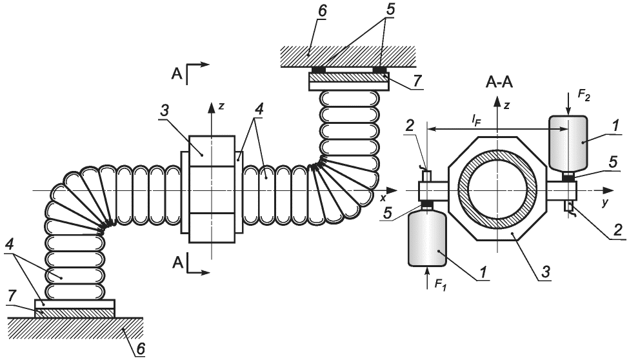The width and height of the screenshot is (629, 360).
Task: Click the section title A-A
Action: [x=499, y=82]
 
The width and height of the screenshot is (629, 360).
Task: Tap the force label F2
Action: [x=584, y=95]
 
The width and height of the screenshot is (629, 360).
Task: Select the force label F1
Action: [x=440, y=284]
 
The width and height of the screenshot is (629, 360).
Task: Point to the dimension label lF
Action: [x=475, y=119]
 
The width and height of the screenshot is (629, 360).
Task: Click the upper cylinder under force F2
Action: [x=568, y=143]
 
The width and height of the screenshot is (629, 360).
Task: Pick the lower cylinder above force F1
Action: [x=428, y=239]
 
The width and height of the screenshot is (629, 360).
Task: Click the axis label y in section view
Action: [x=604, y=203]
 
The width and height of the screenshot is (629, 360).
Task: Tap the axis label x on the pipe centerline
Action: [x=383, y=197]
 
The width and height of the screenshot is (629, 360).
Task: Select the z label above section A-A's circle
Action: [x=507, y=105]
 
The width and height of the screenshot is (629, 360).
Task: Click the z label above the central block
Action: [x=221, y=106]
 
